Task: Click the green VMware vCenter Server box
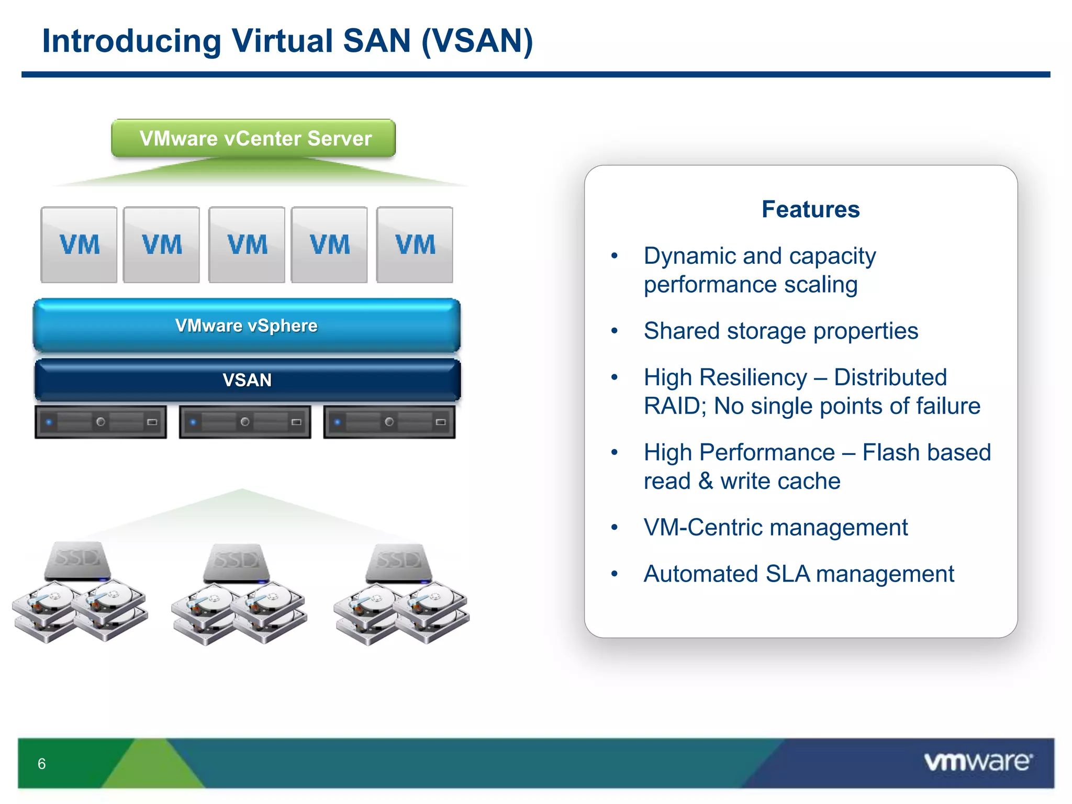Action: pos(253,138)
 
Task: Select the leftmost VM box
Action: pos(79,244)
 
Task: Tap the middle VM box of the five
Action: pos(247,244)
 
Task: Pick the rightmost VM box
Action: pos(415,244)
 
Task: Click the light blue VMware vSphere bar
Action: pos(247,325)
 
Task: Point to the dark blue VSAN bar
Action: pos(247,379)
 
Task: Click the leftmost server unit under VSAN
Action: pos(100,421)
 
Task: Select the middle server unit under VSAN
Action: pos(245,421)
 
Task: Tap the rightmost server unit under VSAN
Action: pos(389,421)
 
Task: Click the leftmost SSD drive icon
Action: pos(78,561)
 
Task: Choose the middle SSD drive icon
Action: pos(237,563)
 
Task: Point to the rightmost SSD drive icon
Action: pos(399,563)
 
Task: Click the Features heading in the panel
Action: pos(810,209)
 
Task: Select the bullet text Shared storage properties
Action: pos(780,331)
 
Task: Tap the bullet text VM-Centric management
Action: pos(775,527)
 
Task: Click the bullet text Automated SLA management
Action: pos(799,574)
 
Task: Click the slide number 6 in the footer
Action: pos(42,764)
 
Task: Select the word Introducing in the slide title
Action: pos(131,41)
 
